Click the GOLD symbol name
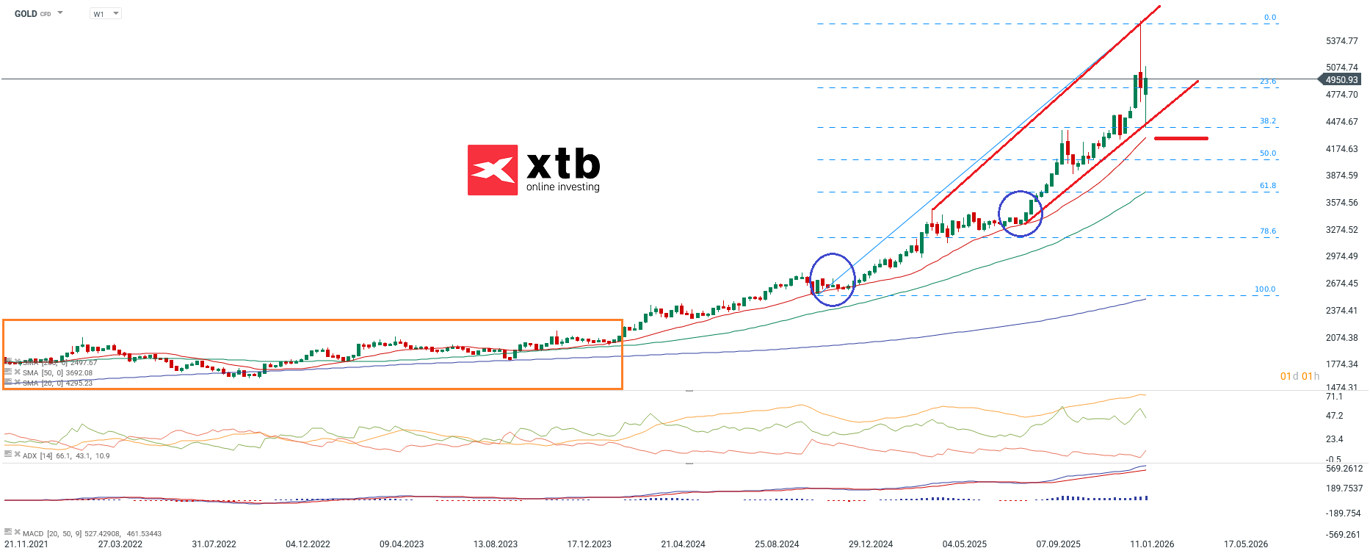26,14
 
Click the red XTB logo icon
493,170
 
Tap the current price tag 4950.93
1341,79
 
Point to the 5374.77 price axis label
1341,41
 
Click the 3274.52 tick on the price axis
1341,230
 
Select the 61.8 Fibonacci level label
1268,186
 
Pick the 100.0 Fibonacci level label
1265,289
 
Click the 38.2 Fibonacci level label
1268,121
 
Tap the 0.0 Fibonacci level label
1270,18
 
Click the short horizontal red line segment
1181,138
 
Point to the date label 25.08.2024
777,544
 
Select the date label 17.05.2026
1246,544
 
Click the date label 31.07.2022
214,544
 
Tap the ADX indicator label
29,456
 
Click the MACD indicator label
33,534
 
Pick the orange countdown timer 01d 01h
1300,377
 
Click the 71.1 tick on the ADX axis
1334,397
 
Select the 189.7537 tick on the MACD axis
1344,488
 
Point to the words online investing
562,187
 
